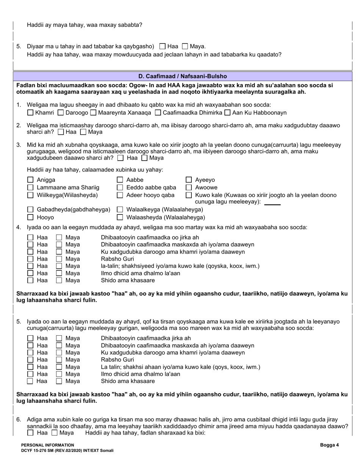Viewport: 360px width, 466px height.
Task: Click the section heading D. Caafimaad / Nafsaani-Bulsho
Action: [x=183, y=76]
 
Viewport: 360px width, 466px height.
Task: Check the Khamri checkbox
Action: [x=31, y=113]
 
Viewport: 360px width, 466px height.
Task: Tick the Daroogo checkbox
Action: [x=61, y=113]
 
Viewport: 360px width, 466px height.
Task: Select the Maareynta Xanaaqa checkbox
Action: [x=93, y=113]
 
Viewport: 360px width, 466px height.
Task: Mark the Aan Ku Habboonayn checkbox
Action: [x=227, y=113]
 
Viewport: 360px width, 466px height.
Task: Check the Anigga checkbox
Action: [x=31, y=180]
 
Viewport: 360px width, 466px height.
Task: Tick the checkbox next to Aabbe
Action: [x=120, y=180]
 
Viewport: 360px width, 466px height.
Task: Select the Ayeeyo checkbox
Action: [x=189, y=180]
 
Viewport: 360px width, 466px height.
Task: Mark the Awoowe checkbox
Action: [x=189, y=188]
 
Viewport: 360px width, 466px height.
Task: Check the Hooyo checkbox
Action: [x=31, y=217]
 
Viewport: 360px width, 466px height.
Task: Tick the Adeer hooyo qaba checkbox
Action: [x=120, y=195]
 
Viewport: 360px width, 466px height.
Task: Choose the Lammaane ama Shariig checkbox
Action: [x=31, y=188]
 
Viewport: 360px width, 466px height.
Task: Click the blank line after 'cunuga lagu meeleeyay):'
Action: [x=272, y=203]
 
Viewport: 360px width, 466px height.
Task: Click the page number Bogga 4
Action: [x=329, y=445]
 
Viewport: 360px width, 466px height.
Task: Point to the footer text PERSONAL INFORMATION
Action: [x=48, y=445]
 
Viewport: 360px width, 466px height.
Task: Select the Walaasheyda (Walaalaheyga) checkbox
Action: [x=120, y=217]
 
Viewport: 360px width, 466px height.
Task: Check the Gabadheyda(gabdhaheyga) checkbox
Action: [x=31, y=210]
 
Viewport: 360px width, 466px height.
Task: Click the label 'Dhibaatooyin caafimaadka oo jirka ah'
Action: [x=150, y=238]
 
